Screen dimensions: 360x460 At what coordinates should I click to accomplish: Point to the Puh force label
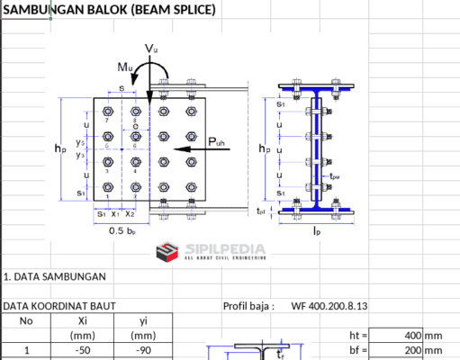[x=218, y=142]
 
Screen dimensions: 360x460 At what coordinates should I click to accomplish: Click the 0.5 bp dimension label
[x=123, y=230]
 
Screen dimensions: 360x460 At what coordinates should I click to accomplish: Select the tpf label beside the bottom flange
[x=261, y=211]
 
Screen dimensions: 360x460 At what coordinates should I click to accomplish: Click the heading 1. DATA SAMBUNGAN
[x=54, y=276]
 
